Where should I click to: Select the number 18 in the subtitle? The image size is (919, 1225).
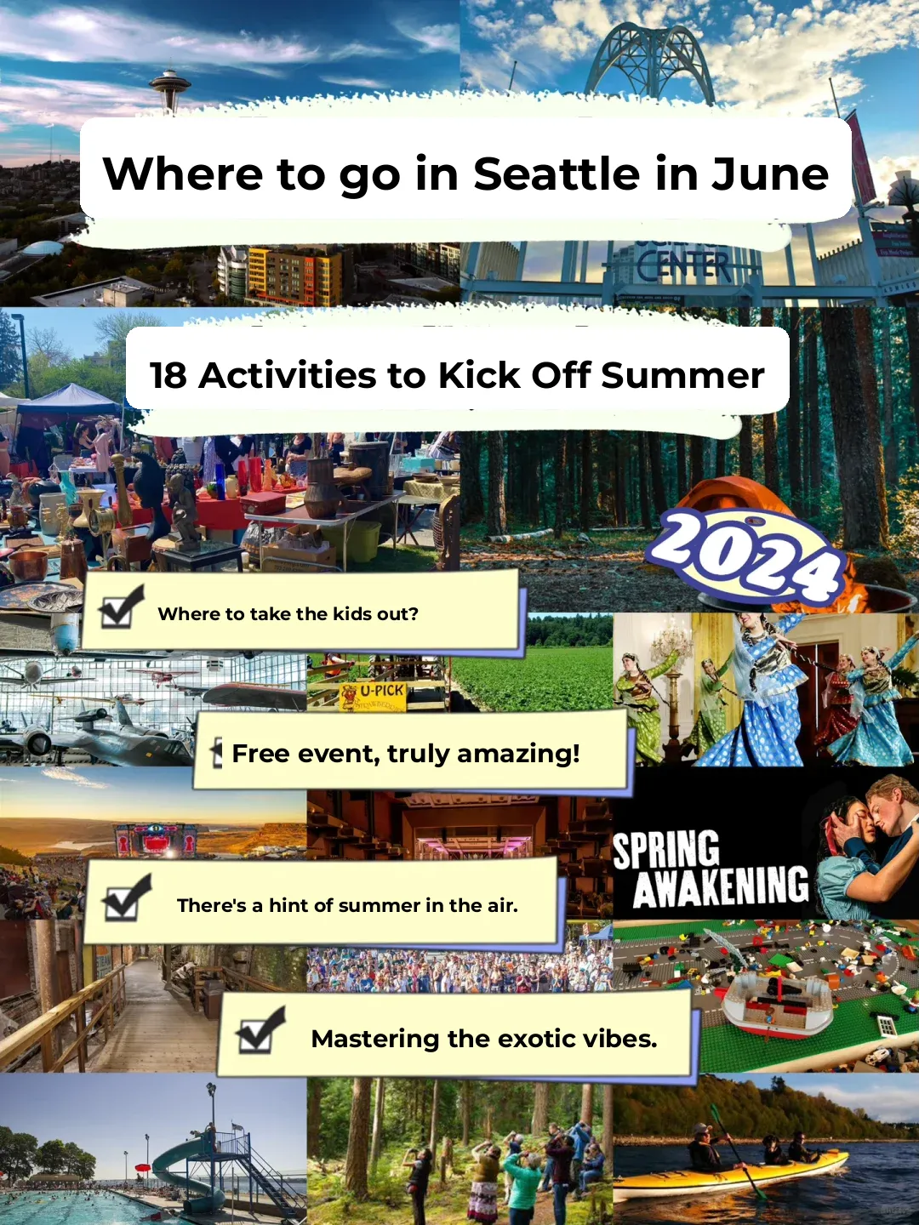[168, 375]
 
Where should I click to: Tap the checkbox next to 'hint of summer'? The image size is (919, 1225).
[125, 898]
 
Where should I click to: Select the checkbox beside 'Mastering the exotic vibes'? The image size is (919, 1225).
[260, 1031]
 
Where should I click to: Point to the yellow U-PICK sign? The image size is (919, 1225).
[373, 695]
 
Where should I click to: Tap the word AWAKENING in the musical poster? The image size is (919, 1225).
[721, 886]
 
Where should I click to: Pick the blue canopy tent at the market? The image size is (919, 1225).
[68, 399]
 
